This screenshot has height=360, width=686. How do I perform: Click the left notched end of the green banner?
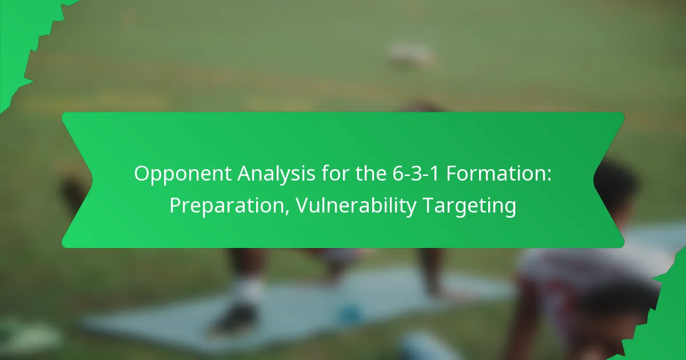coord(77,180)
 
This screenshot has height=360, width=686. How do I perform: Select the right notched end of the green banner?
coord(609,180)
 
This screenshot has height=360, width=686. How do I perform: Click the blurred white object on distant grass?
coord(410,54)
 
